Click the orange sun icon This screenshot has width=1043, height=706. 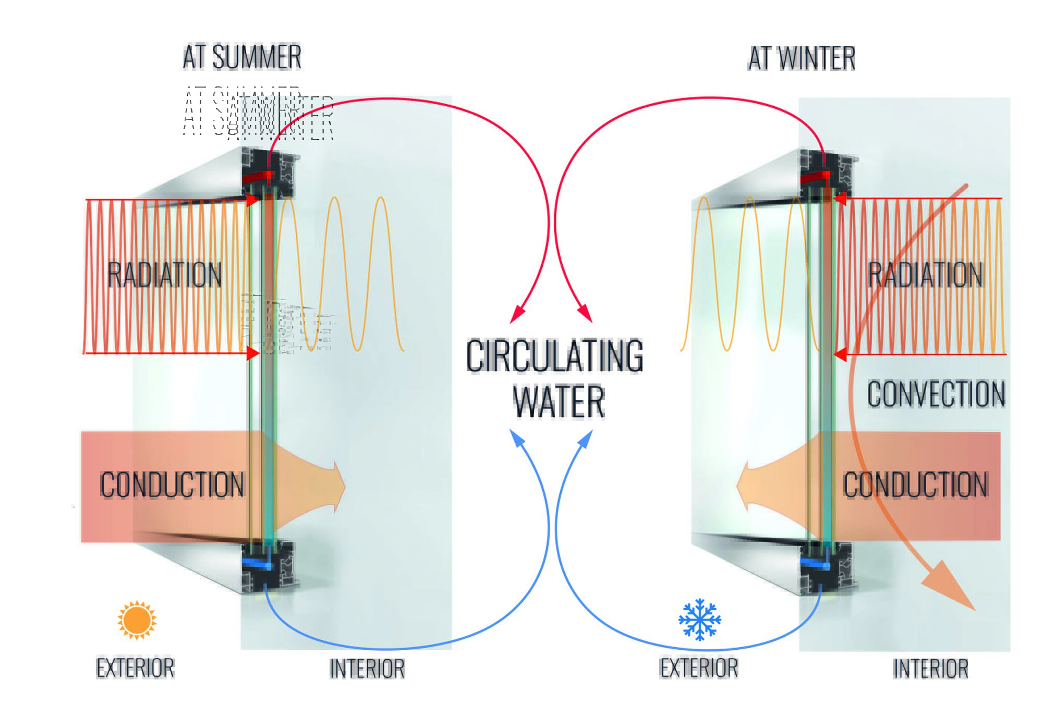coord(137,620)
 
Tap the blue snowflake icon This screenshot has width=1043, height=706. coord(699,619)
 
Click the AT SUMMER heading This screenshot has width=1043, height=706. coord(242,57)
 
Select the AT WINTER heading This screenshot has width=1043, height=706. coord(802,58)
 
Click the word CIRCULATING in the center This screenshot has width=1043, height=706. coord(554,356)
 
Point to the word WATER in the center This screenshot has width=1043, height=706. coord(559,402)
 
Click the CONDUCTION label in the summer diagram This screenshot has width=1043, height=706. coord(172,485)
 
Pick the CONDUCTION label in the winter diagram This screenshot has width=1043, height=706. coord(915,485)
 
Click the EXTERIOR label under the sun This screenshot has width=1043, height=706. coord(135,668)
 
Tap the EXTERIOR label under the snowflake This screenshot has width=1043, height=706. coord(699,668)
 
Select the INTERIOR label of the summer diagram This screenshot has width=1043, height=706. coord(367,668)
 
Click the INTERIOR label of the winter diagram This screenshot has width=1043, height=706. coord(930,668)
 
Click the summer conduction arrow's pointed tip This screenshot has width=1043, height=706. coord(344,487)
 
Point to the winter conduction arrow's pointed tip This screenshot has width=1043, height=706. coord(737,487)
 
